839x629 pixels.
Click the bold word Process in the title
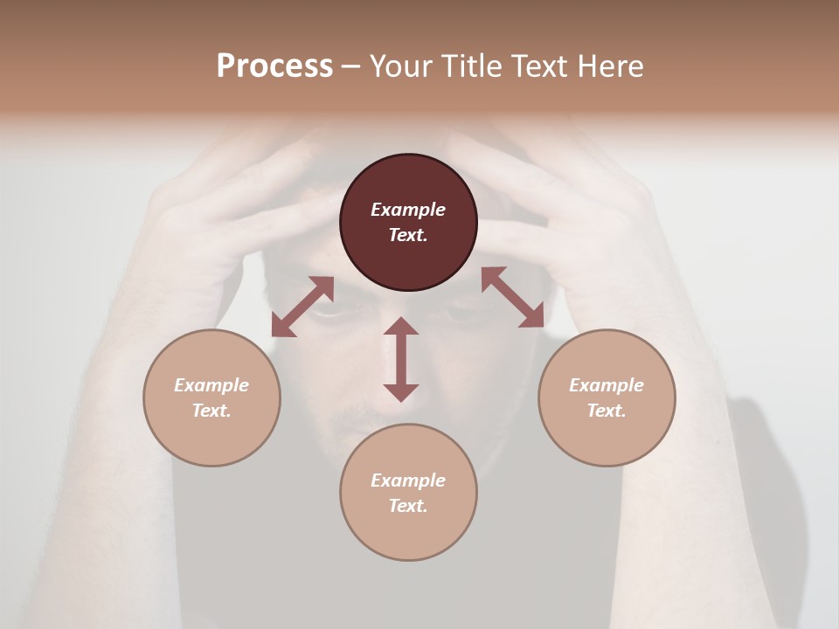tap(274, 66)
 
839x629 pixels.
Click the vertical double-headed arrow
tap(401, 359)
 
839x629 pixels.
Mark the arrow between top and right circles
tap(512, 297)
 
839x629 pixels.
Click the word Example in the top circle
tap(408, 210)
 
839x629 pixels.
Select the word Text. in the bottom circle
tap(408, 506)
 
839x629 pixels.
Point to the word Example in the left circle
tap(211, 385)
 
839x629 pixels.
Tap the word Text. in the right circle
tap(607, 411)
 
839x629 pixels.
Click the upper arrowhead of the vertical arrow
tap(401, 326)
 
